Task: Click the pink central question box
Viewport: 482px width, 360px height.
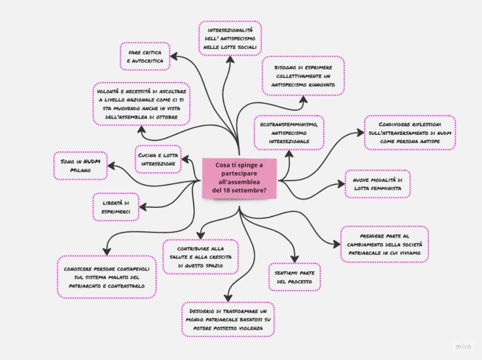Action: [x=240, y=178]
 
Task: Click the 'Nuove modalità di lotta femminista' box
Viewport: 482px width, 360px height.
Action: [x=377, y=184]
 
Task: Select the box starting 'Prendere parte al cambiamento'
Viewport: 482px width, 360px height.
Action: [x=384, y=244]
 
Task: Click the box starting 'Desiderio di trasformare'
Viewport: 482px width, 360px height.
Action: [x=228, y=319]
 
